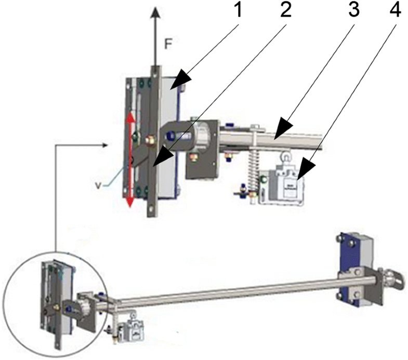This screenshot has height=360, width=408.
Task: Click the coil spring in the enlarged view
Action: (252, 161)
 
